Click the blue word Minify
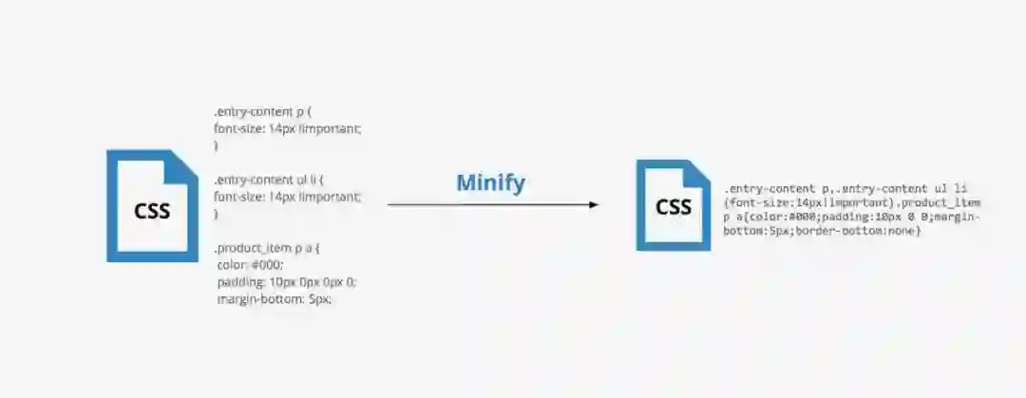(x=490, y=182)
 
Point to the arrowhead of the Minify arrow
(x=594, y=204)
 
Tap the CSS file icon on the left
(x=152, y=205)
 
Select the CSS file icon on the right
(x=673, y=205)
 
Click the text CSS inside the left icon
(x=152, y=210)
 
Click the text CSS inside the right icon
(x=674, y=207)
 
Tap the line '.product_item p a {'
(x=267, y=248)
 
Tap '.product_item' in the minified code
(x=940, y=203)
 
